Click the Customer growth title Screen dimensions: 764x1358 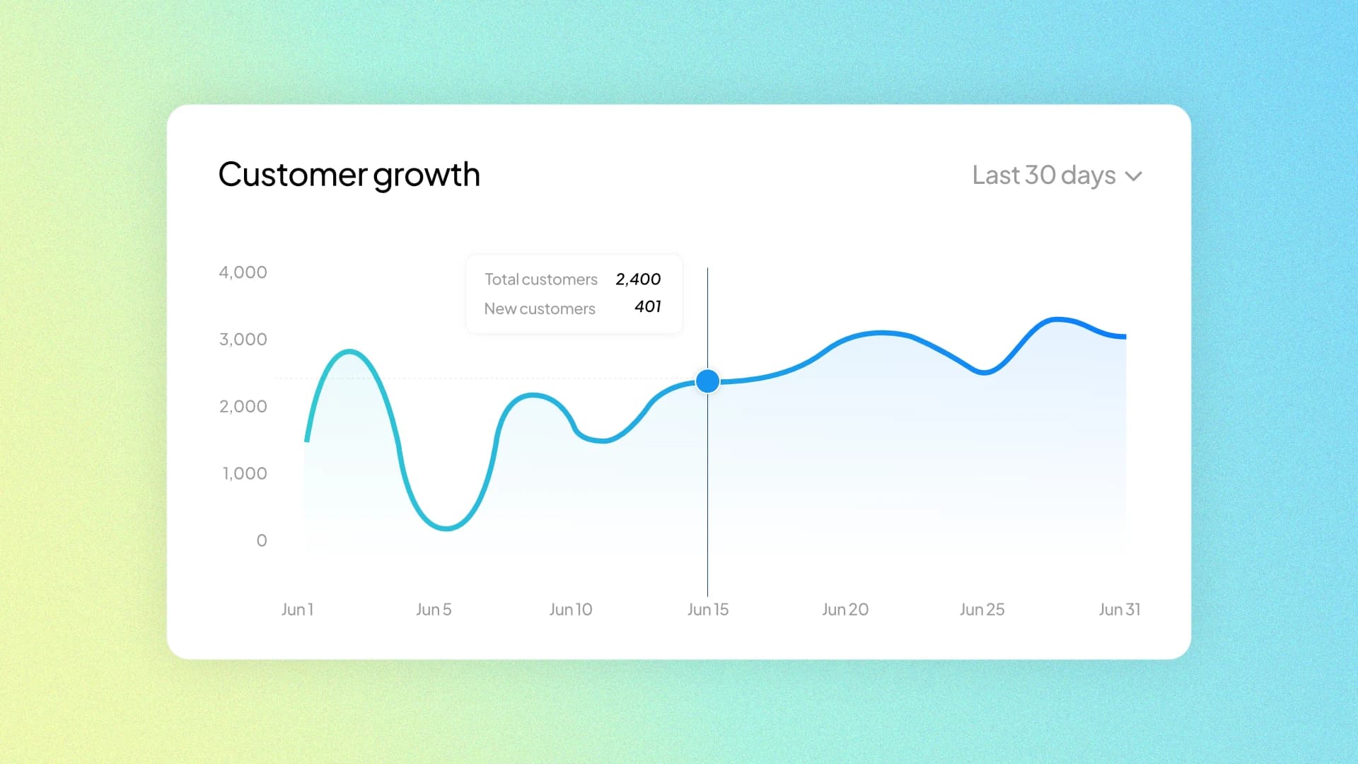point(349,175)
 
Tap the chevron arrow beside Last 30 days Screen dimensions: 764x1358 point(1134,176)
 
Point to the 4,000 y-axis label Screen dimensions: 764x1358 point(243,272)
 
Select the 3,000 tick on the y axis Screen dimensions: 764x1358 point(243,340)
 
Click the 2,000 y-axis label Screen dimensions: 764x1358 point(243,407)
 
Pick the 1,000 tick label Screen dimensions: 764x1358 point(245,473)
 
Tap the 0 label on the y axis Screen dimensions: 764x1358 point(262,540)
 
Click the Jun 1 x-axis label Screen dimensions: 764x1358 point(297,609)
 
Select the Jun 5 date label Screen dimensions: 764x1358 point(434,609)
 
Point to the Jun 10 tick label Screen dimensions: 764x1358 point(571,609)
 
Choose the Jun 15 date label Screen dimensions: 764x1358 point(708,609)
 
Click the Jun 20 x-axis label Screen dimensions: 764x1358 point(845,609)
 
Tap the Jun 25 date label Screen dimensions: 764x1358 point(982,609)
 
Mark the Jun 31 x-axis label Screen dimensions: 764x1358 point(1120,609)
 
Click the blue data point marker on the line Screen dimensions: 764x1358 point(707,381)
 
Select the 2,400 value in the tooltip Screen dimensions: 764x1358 point(638,279)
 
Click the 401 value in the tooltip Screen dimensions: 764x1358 point(647,306)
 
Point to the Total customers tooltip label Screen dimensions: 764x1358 point(541,279)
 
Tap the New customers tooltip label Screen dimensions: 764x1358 point(540,309)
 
